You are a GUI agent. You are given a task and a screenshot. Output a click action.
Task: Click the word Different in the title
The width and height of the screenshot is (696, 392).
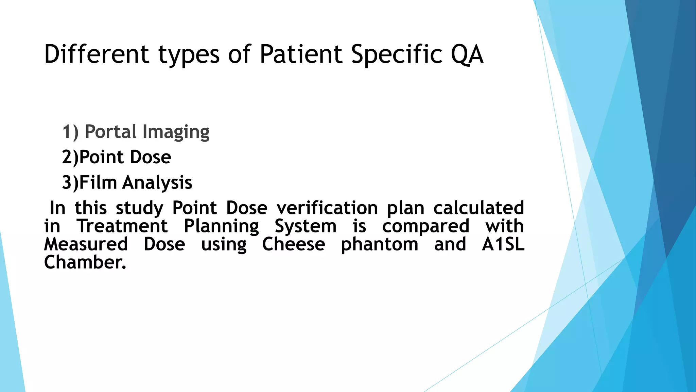97,54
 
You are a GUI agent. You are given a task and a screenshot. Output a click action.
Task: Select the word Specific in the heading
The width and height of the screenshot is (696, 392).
397,54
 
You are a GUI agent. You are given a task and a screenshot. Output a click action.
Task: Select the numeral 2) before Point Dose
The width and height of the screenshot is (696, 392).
70,157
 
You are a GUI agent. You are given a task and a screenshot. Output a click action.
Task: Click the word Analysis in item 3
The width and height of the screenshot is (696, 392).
157,183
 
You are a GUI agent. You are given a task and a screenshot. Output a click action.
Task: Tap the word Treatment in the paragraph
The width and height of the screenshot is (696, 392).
122,226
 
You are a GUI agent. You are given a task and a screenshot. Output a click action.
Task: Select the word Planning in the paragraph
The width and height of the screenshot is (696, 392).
221,227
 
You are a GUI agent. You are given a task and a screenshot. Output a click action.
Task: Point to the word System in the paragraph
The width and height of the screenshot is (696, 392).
305,227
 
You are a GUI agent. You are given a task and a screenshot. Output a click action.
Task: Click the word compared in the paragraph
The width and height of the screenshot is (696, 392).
425,227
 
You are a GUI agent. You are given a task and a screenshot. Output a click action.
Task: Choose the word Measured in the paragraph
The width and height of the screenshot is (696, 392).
86,244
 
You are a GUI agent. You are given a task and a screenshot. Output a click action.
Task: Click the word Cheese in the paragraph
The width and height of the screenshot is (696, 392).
293,244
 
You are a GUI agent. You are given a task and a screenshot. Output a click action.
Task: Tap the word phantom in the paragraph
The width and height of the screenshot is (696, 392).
379,245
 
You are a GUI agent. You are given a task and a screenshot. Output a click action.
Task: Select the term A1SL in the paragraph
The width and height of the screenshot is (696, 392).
503,244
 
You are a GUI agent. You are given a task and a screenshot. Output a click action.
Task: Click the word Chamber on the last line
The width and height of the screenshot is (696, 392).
85,262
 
